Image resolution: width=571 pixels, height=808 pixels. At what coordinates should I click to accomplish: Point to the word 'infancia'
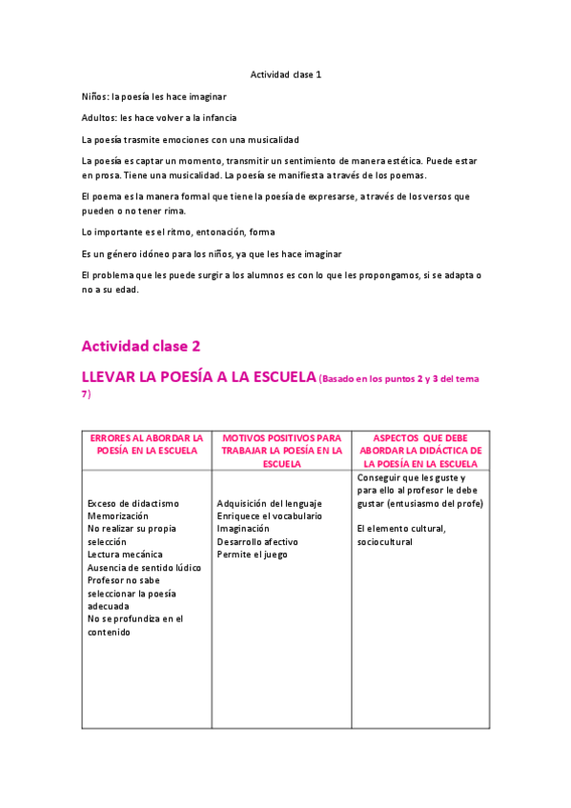coord(215,118)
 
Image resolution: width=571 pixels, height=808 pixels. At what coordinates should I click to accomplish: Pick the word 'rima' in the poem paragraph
coord(173,211)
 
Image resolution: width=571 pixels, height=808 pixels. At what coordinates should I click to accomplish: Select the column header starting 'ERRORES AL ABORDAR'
coord(147,443)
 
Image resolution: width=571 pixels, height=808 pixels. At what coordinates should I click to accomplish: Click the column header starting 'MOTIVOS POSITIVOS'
coord(282,450)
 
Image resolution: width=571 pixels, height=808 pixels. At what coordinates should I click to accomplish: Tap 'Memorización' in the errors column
coord(119,515)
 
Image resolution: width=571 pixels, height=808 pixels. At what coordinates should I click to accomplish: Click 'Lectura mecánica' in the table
coord(125,554)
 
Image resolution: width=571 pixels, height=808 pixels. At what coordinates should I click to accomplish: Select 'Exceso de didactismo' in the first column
coord(133,503)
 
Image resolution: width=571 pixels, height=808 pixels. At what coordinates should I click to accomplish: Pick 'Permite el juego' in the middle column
coord(252,554)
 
